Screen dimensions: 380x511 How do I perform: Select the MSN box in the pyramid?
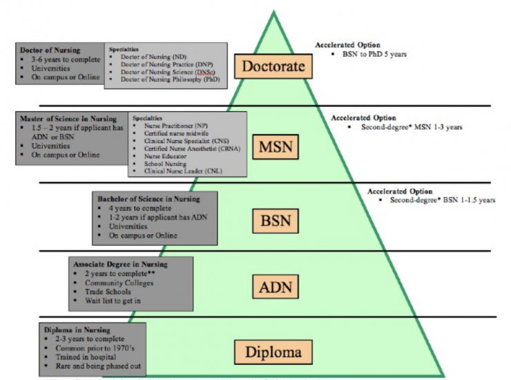[x=275, y=148]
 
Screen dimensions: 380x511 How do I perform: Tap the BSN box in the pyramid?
[x=275, y=222]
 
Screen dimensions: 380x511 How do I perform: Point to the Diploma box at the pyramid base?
[x=273, y=352]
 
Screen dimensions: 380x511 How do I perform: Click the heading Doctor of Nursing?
[x=50, y=50]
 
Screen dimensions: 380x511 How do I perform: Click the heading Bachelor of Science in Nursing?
[x=148, y=199]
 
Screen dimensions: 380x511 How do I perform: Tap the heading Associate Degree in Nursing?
[x=120, y=263]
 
